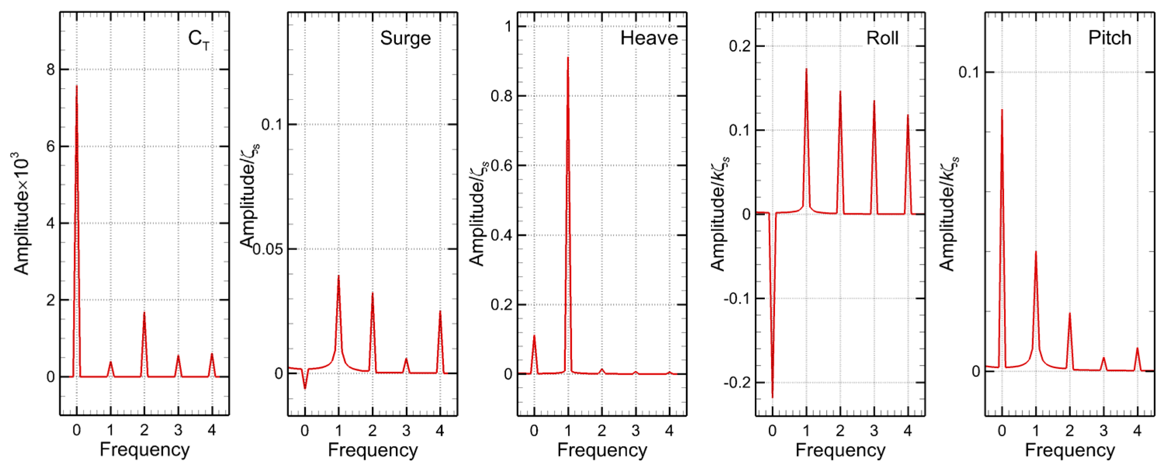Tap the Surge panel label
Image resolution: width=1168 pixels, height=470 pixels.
pos(405,38)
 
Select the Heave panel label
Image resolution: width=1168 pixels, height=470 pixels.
pos(648,38)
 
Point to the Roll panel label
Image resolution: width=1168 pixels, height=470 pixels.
pos(882,38)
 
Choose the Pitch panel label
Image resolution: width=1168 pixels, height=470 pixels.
pos(1109,38)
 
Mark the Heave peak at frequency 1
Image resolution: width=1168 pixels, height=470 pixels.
pos(568,57)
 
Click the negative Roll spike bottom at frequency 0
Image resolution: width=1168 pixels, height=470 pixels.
pos(772,397)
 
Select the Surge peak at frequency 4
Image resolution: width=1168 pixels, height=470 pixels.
pos(440,311)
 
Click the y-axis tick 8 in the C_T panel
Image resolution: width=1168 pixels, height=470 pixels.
pos(50,70)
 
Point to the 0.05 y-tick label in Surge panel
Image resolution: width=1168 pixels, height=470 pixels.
pos(267,249)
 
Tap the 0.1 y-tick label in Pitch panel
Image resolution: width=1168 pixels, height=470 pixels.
pos(969,72)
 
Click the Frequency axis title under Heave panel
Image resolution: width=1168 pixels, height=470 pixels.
pos(602,450)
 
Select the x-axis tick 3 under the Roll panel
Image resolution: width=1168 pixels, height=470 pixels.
pos(874,430)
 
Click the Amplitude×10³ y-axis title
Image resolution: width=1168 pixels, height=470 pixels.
pos(21,216)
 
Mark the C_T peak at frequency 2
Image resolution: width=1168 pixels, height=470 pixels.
pos(144,313)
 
